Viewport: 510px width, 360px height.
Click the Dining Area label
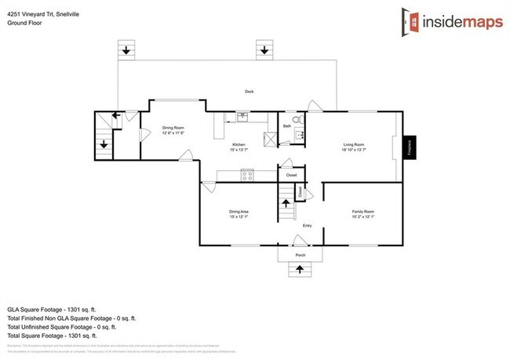click(239, 213)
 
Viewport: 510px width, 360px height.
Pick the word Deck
click(249, 93)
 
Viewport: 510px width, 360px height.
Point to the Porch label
click(300, 256)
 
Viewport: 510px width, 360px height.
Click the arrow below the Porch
click(299, 271)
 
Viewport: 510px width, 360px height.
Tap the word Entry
click(307, 227)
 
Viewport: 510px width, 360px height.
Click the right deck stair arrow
click(264, 51)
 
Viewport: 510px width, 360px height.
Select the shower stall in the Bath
click(271, 140)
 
